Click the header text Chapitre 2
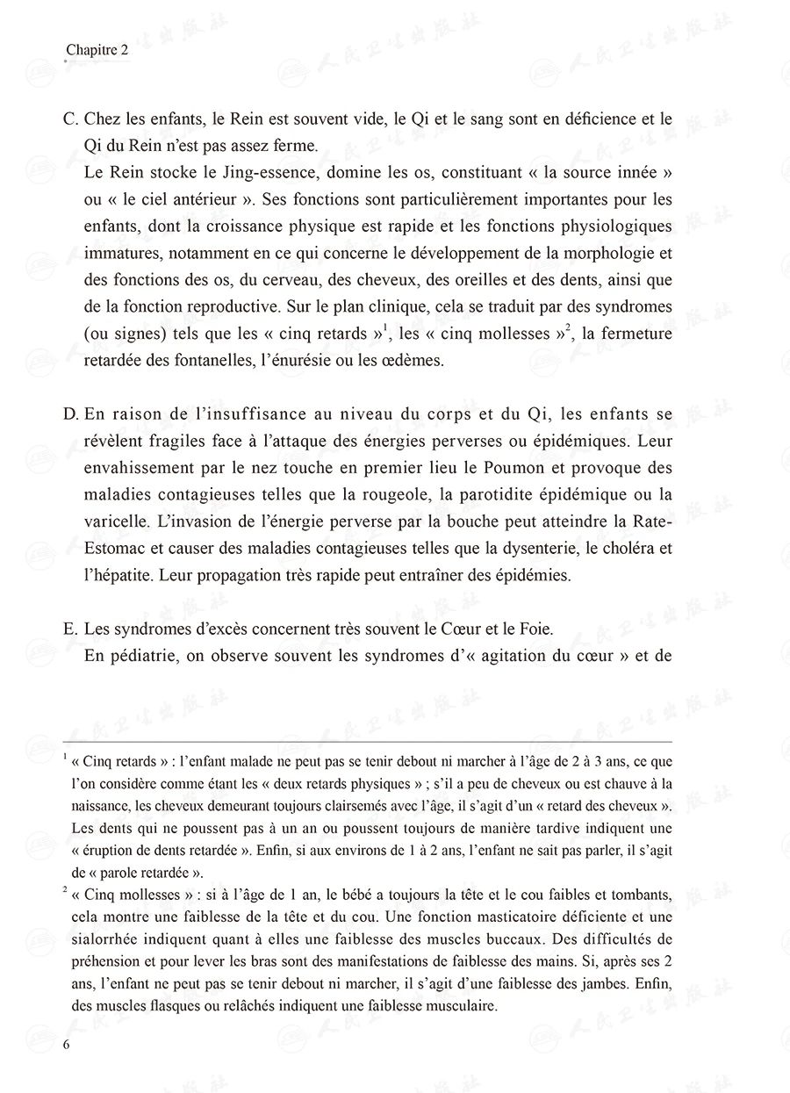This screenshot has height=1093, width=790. pyautogui.click(x=97, y=52)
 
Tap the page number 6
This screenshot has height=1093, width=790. pyautogui.click(x=67, y=1044)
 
